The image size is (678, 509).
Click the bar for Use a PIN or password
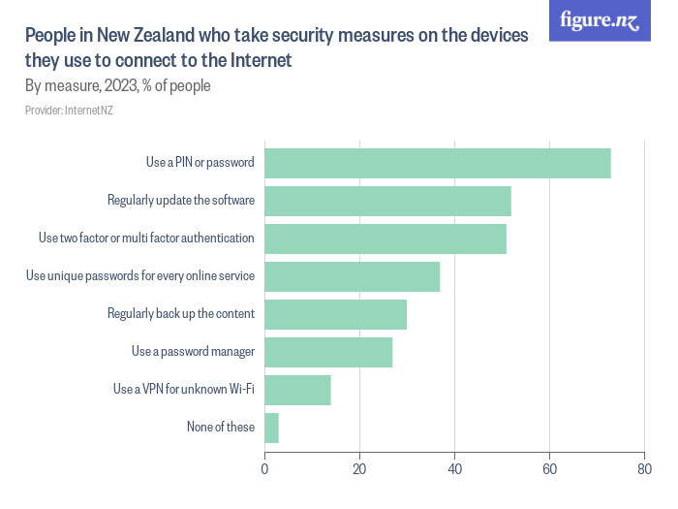[437, 163]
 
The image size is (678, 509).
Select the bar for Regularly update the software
[387, 201]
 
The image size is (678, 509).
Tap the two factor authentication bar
[385, 239]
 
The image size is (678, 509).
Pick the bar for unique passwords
[352, 276]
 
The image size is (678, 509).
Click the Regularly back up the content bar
[335, 314]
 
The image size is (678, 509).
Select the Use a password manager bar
[328, 352]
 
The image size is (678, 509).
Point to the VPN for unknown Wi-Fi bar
[297, 390]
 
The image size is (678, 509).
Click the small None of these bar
[271, 428]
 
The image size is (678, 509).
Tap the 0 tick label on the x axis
[264, 469]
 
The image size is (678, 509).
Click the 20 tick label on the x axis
[359, 469]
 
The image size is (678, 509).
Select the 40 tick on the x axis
[454, 469]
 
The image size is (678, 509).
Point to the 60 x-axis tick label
[549, 469]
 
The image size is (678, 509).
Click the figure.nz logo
[600, 20]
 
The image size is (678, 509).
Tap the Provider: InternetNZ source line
[70, 111]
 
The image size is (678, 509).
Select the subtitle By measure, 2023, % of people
[117, 85]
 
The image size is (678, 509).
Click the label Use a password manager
[193, 351]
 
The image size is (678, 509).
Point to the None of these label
[221, 427]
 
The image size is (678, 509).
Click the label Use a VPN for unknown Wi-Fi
[183, 389]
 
